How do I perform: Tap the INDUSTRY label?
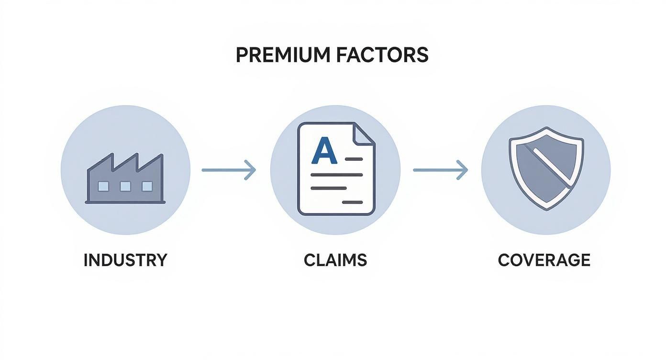pos(125,260)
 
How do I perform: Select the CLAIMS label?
pos(335,260)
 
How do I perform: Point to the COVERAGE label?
pos(544,260)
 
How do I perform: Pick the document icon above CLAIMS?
pos(336,169)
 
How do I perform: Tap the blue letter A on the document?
pos(324,150)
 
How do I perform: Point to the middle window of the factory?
pos(125,186)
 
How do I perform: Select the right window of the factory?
pos(147,186)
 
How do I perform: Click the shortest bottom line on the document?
pos(352,202)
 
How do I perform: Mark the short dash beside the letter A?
pos(354,158)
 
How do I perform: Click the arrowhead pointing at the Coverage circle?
pos(462,170)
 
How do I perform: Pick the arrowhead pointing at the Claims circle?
pos(251,170)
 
